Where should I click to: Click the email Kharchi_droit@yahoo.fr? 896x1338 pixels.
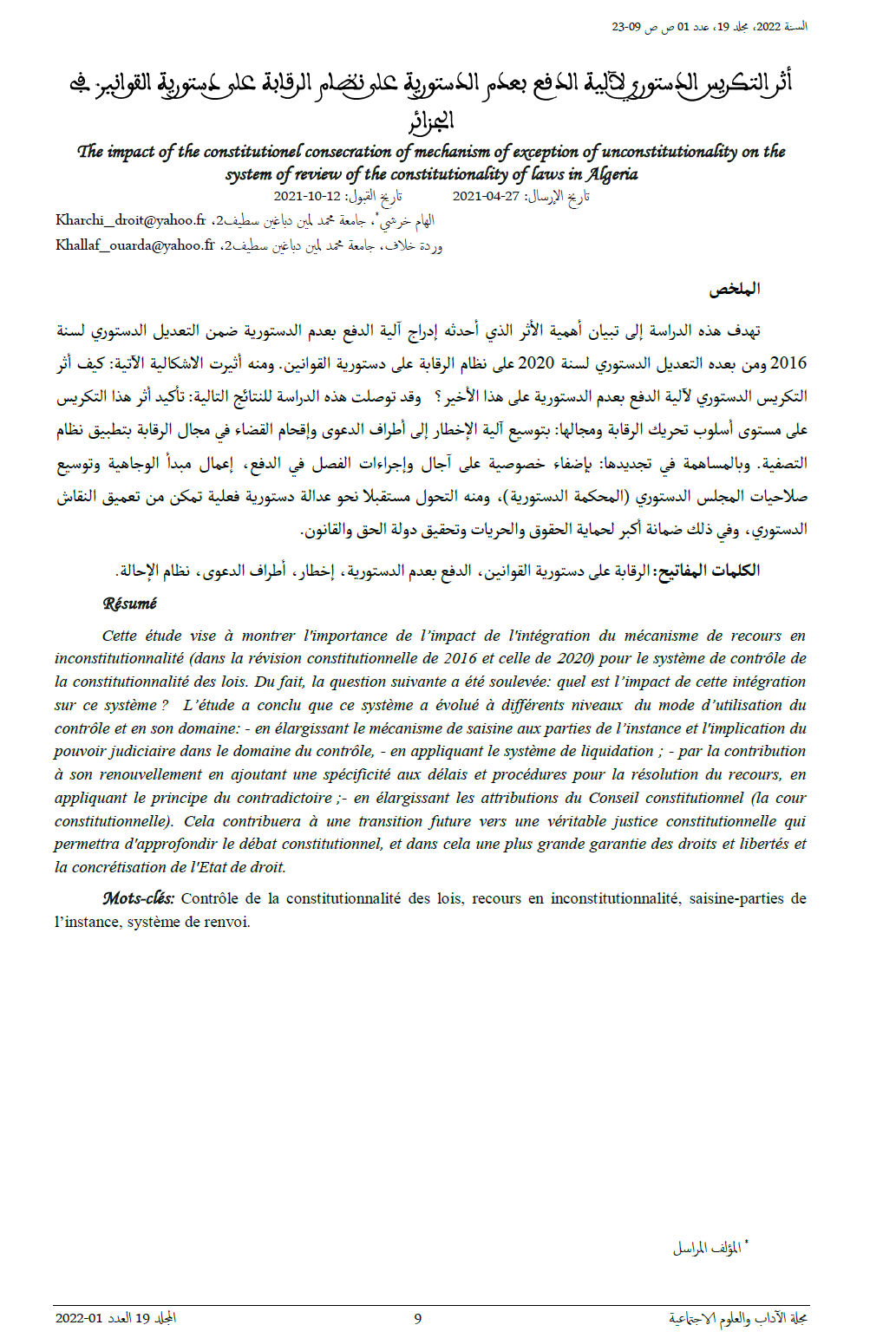131,220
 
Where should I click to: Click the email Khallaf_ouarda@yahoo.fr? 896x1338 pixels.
135,245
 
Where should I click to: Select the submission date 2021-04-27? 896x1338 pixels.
486,197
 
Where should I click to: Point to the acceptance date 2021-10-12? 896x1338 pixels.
307,197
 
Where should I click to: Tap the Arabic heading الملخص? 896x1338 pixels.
735,290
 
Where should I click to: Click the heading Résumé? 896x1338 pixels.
129,604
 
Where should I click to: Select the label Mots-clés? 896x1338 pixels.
138,898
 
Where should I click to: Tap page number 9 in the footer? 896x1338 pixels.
417,1319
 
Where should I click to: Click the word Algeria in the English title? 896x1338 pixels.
612,174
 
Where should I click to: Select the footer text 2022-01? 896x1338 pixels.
78,1319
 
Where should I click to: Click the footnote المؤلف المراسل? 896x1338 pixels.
707,1249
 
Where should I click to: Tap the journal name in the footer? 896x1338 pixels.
738,1319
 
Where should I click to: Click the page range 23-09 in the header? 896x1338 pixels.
626,27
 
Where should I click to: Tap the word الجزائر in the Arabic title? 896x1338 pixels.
432,121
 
